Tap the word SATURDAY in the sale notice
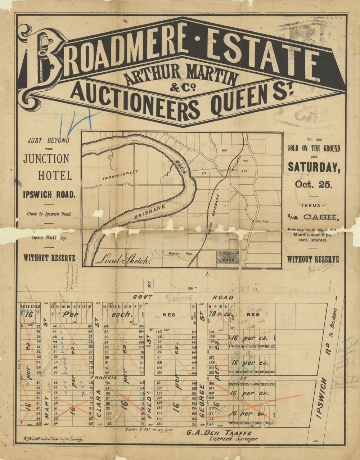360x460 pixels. (x=313, y=168)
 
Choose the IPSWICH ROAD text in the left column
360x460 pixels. (x=49, y=195)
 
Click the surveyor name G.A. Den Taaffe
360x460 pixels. (x=215, y=433)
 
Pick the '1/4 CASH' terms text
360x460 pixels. (x=312, y=217)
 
